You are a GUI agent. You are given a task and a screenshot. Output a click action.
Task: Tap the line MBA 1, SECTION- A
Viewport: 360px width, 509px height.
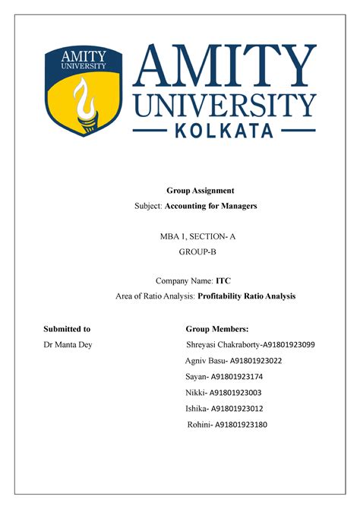197,236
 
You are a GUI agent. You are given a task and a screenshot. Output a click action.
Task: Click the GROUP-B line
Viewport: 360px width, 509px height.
197,253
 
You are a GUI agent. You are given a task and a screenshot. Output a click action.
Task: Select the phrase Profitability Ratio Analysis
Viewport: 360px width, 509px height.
247,296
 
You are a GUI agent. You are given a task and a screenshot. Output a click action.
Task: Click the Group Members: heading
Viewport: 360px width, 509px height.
217,329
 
